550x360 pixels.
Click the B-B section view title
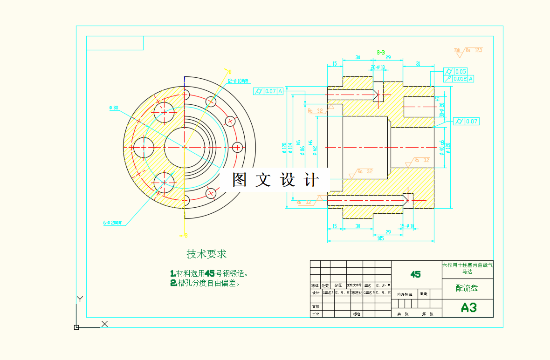click(x=381, y=53)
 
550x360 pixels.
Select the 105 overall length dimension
click(x=380, y=238)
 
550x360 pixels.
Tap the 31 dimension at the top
click(x=418, y=63)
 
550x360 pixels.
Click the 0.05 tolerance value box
click(x=461, y=71)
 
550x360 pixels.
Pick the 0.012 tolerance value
click(x=460, y=79)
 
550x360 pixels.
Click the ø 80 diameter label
click(x=114, y=108)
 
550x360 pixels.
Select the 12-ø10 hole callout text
click(x=238, y=81)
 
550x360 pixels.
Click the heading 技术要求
click(x=206, y=254)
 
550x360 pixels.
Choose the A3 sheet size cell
click(x=468, y=307)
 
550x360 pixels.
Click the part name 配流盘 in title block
click(x=467, y=288)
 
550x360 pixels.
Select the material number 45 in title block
click(x=415, y=274)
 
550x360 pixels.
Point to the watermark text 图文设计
click(x=275, y=180)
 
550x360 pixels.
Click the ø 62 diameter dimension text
click(x=315, y=150)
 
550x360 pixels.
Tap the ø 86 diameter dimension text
click(x=303, y=150)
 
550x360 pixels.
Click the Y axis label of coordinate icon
click(x=80, y=299)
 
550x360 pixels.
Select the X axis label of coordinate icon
click(x=104, y=324)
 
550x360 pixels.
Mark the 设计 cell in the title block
click(x=316, y=293)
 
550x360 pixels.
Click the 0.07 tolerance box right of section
click(x=471, y=122)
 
